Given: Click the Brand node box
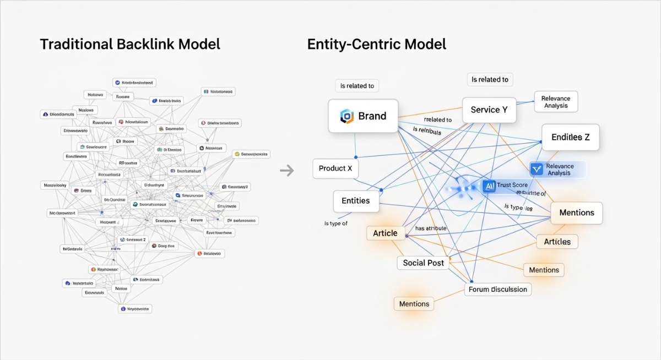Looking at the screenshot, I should [x=363, y=116].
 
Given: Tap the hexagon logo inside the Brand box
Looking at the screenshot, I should [x=346, y=116].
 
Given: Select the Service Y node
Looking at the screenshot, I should [x=489, y=110].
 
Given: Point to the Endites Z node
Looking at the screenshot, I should [x=571, y=137].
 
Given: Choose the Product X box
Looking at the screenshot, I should [x=335, y=168].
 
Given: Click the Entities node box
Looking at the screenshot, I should [x=355, y=200].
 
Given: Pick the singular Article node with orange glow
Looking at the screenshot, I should [x=384, y=233].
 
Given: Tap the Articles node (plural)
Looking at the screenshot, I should [x=557, y=242].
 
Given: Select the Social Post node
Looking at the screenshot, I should [x=423, y=263].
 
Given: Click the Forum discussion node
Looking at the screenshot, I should [x=497, y=289].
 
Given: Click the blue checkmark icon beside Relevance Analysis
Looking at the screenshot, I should [x=536, y=170].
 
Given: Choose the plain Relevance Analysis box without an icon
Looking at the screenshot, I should [x=555, y=102].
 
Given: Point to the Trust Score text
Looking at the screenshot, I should [x=512, y=186].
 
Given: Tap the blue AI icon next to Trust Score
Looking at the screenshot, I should [x=489, y=186].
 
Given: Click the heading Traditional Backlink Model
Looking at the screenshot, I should [x=130, y=44].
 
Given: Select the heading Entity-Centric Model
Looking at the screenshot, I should [x=377, y=44].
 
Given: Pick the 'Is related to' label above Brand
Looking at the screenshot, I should [x=357, y=86].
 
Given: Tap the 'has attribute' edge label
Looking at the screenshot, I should [x=431, y=228].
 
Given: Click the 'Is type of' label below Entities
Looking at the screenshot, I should [x=336, y=223].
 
